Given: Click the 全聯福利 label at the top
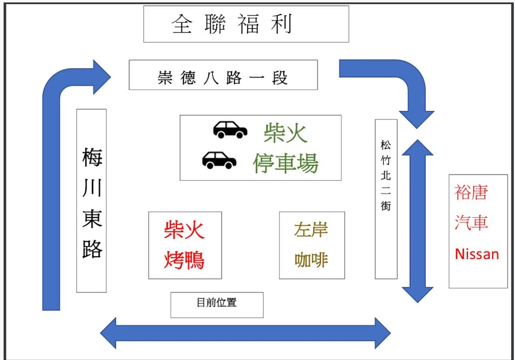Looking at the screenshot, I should click(x=233, y=25).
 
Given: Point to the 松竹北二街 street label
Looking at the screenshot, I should click(x=385, y=176).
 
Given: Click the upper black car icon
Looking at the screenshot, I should click(x=230, y=129).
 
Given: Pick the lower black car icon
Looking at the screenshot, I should click(x=219, y=160).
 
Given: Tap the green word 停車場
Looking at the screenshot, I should click(x=286, y=163).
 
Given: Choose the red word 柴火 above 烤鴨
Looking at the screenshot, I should click(x=184, y=230).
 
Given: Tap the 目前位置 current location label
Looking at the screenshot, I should click(x=216, y=303).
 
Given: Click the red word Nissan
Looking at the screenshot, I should click(x=477, y=253).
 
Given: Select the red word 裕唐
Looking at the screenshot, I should click(x=472, y=193).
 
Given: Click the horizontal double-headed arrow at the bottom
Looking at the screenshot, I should click(x=245, y=333).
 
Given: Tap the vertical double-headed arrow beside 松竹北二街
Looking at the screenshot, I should click(x=417, y=221).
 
